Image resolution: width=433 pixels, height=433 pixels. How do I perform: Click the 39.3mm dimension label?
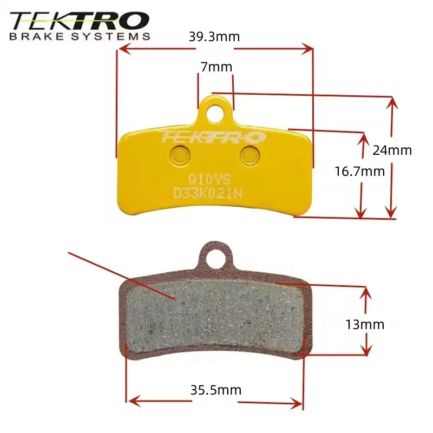[214, 37]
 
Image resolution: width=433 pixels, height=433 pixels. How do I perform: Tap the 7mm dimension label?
[216, 67]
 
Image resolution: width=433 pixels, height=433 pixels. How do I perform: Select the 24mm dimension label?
[392, 150]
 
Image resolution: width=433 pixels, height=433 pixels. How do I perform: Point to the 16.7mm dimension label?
[360, 171]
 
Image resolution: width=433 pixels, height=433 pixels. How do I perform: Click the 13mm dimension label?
[365, 324]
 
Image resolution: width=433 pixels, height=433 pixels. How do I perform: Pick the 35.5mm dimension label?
[215, 390]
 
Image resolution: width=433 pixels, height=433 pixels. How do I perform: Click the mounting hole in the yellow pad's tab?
[214, 113]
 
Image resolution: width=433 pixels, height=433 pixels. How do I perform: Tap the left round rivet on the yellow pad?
[180, 155]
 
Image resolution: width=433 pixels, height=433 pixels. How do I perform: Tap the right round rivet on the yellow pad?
[250, 155]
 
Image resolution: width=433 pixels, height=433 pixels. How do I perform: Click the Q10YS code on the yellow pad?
[209, 180]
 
